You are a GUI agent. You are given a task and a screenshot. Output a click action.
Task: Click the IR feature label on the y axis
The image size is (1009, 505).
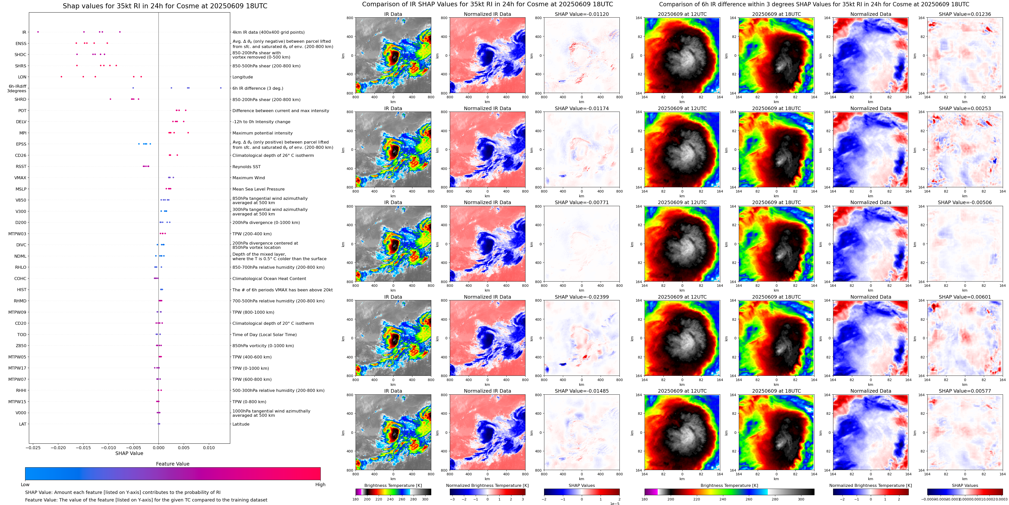24,32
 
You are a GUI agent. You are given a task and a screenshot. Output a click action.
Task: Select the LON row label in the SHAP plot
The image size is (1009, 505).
22,77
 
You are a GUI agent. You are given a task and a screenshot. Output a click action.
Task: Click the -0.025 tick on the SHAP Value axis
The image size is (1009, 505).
34,447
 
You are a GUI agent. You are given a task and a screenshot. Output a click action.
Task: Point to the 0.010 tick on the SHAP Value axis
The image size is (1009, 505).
209,447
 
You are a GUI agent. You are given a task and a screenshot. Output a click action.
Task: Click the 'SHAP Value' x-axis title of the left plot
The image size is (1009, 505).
129,453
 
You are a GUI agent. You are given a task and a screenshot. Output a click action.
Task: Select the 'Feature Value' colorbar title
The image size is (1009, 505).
173,464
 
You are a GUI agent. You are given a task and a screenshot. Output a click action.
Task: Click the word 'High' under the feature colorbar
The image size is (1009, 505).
320,485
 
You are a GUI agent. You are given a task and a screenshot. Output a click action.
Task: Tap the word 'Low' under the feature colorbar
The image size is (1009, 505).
25,485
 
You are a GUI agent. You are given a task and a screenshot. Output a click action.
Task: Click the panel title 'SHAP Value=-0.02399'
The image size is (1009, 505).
582,297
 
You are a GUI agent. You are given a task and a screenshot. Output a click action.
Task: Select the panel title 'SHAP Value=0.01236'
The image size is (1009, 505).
965,14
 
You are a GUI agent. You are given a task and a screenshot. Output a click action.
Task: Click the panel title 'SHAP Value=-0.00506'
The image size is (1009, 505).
965,203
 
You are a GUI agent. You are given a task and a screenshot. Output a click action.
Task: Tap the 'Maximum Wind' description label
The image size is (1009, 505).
249,178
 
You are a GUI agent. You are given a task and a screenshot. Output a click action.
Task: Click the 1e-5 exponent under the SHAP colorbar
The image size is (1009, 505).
614,503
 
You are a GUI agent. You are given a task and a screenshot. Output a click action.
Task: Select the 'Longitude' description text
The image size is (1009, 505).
243,77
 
